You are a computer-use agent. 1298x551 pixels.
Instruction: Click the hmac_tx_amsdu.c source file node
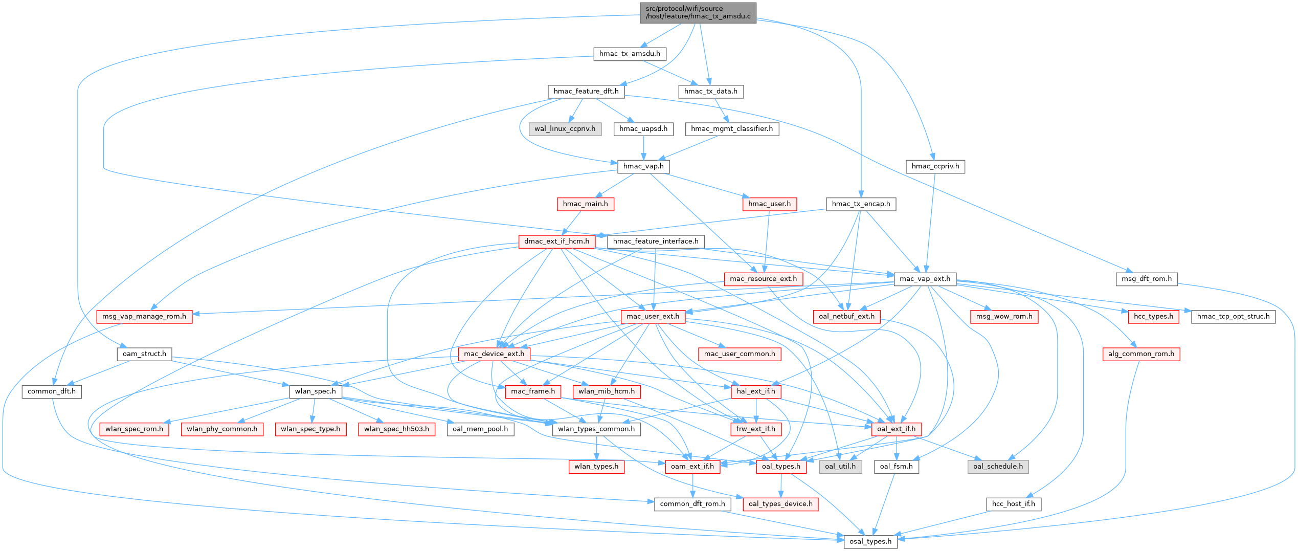[x=698, y=12]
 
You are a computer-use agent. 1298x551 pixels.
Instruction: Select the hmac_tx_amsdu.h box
[x=630, y=54]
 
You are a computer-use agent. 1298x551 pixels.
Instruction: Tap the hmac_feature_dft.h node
[x=586, y=92]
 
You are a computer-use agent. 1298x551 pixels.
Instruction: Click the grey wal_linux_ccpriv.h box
[x=565, y=129]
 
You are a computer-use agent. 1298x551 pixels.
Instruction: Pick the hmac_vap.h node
[x=643, y=166]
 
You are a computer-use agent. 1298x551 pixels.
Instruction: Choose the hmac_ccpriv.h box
[x=935, y=166]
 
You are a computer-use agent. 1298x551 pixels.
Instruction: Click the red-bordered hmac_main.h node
[x=585, y=204]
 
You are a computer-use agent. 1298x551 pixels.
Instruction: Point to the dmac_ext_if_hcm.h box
[x=556, y=241]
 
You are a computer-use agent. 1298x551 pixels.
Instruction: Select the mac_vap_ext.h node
[x=925, y=279]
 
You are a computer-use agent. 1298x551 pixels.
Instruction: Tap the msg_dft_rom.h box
[x=1146, y=279]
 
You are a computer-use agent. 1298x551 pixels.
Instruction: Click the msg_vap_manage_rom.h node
[x=144, y=317]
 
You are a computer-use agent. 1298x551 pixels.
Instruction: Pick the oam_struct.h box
[x=144, y=354]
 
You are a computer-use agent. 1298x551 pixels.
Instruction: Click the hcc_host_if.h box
[x=1013, y=504]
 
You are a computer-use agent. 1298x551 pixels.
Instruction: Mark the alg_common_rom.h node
[x=1141, y=354]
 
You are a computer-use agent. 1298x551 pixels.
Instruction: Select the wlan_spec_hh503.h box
[x=396, y=429]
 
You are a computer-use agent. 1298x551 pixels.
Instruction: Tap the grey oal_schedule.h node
[x=998, y=467]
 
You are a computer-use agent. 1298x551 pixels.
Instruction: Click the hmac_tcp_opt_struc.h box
[x=1233, y=317]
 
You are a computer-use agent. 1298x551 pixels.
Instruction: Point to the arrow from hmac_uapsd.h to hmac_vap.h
[x=643, y=148]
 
